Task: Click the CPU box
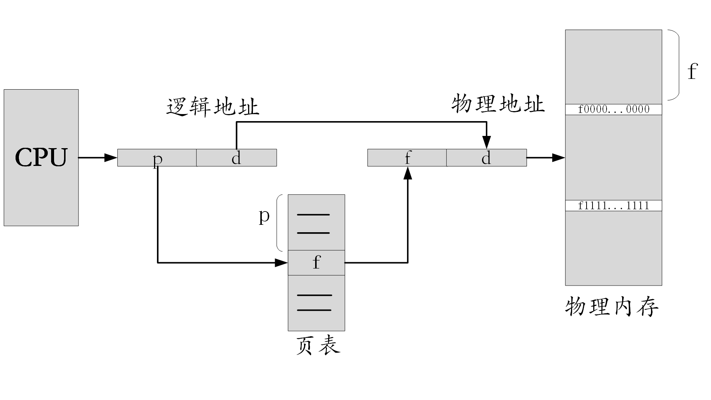tap(41, 157)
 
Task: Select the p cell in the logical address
tap(157, 158)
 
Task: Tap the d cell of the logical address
tap(236, 158)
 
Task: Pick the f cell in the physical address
tap(407, 158)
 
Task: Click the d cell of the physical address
tap(486, 158)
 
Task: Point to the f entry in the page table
tap(316, 263)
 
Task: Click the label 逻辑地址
tap(213, 107)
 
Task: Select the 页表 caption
tap(318, 346)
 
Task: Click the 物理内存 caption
tap(612, 307)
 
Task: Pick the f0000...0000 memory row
tap(613, 109)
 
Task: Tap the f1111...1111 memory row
tap(613, 206)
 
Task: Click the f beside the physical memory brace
tap(692, 71)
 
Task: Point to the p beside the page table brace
tap(264, 216)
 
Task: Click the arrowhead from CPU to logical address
tap(111, 158)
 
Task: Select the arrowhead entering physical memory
tap(558, 158)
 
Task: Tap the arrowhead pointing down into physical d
tap(487, 142)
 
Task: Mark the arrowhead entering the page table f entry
tap(281, 263)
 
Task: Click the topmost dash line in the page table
tap(313, 215)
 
